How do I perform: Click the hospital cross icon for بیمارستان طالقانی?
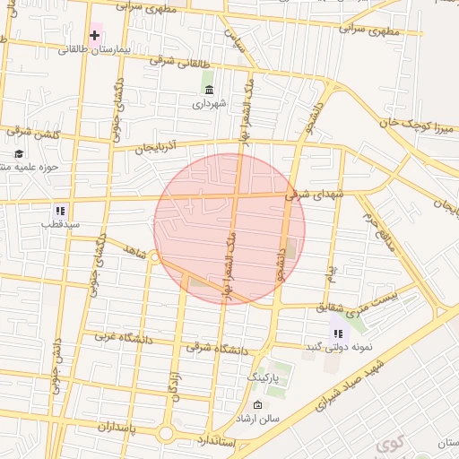pos(94,35)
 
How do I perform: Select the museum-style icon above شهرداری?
pos(209,91)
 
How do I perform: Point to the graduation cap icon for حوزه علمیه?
pos(19,152)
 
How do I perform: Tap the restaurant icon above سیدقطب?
pos(59,211)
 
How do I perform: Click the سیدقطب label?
pos(59,225)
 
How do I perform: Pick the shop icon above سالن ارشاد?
pos(260,404)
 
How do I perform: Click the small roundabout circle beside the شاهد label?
pos(154,258)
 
